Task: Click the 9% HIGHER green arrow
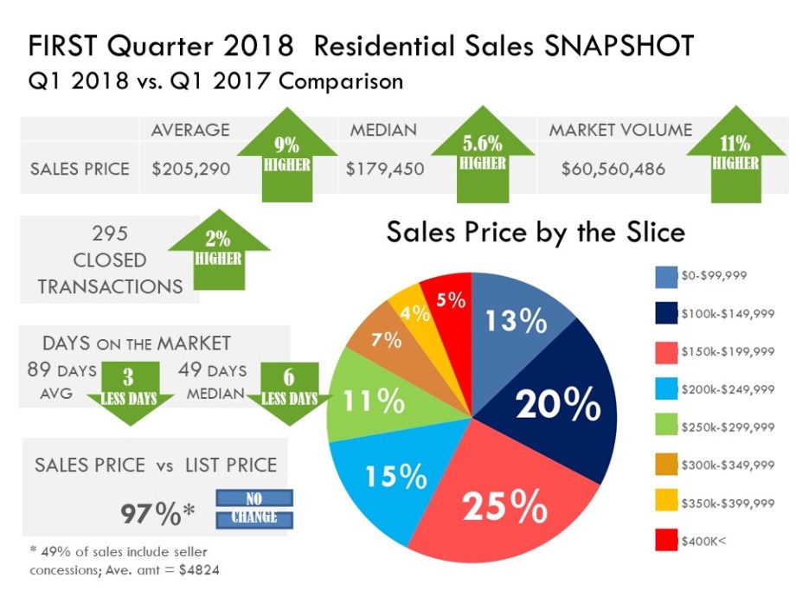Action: tap(286, 153)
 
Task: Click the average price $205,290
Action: tap(190, 169)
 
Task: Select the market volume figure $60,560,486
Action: tap(613, 169)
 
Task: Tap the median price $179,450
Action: tap(385, 169)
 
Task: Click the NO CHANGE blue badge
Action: tap(254, 509)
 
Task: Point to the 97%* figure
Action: tap(157, 514)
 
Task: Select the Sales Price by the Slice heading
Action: tap(536, 232)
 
